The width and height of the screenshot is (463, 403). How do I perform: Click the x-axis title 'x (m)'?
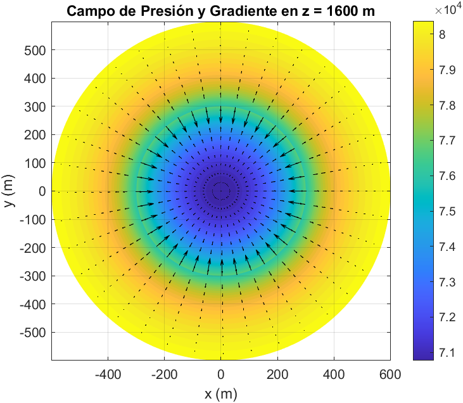click(220, 394)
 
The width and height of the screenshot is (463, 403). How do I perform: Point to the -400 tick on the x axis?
click(108, 374)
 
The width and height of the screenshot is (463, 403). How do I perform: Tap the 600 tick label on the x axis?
click(390, 374)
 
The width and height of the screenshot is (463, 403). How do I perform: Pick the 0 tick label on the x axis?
click(220, 374)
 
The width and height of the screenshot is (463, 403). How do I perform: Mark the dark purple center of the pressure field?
click(220, 191)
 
